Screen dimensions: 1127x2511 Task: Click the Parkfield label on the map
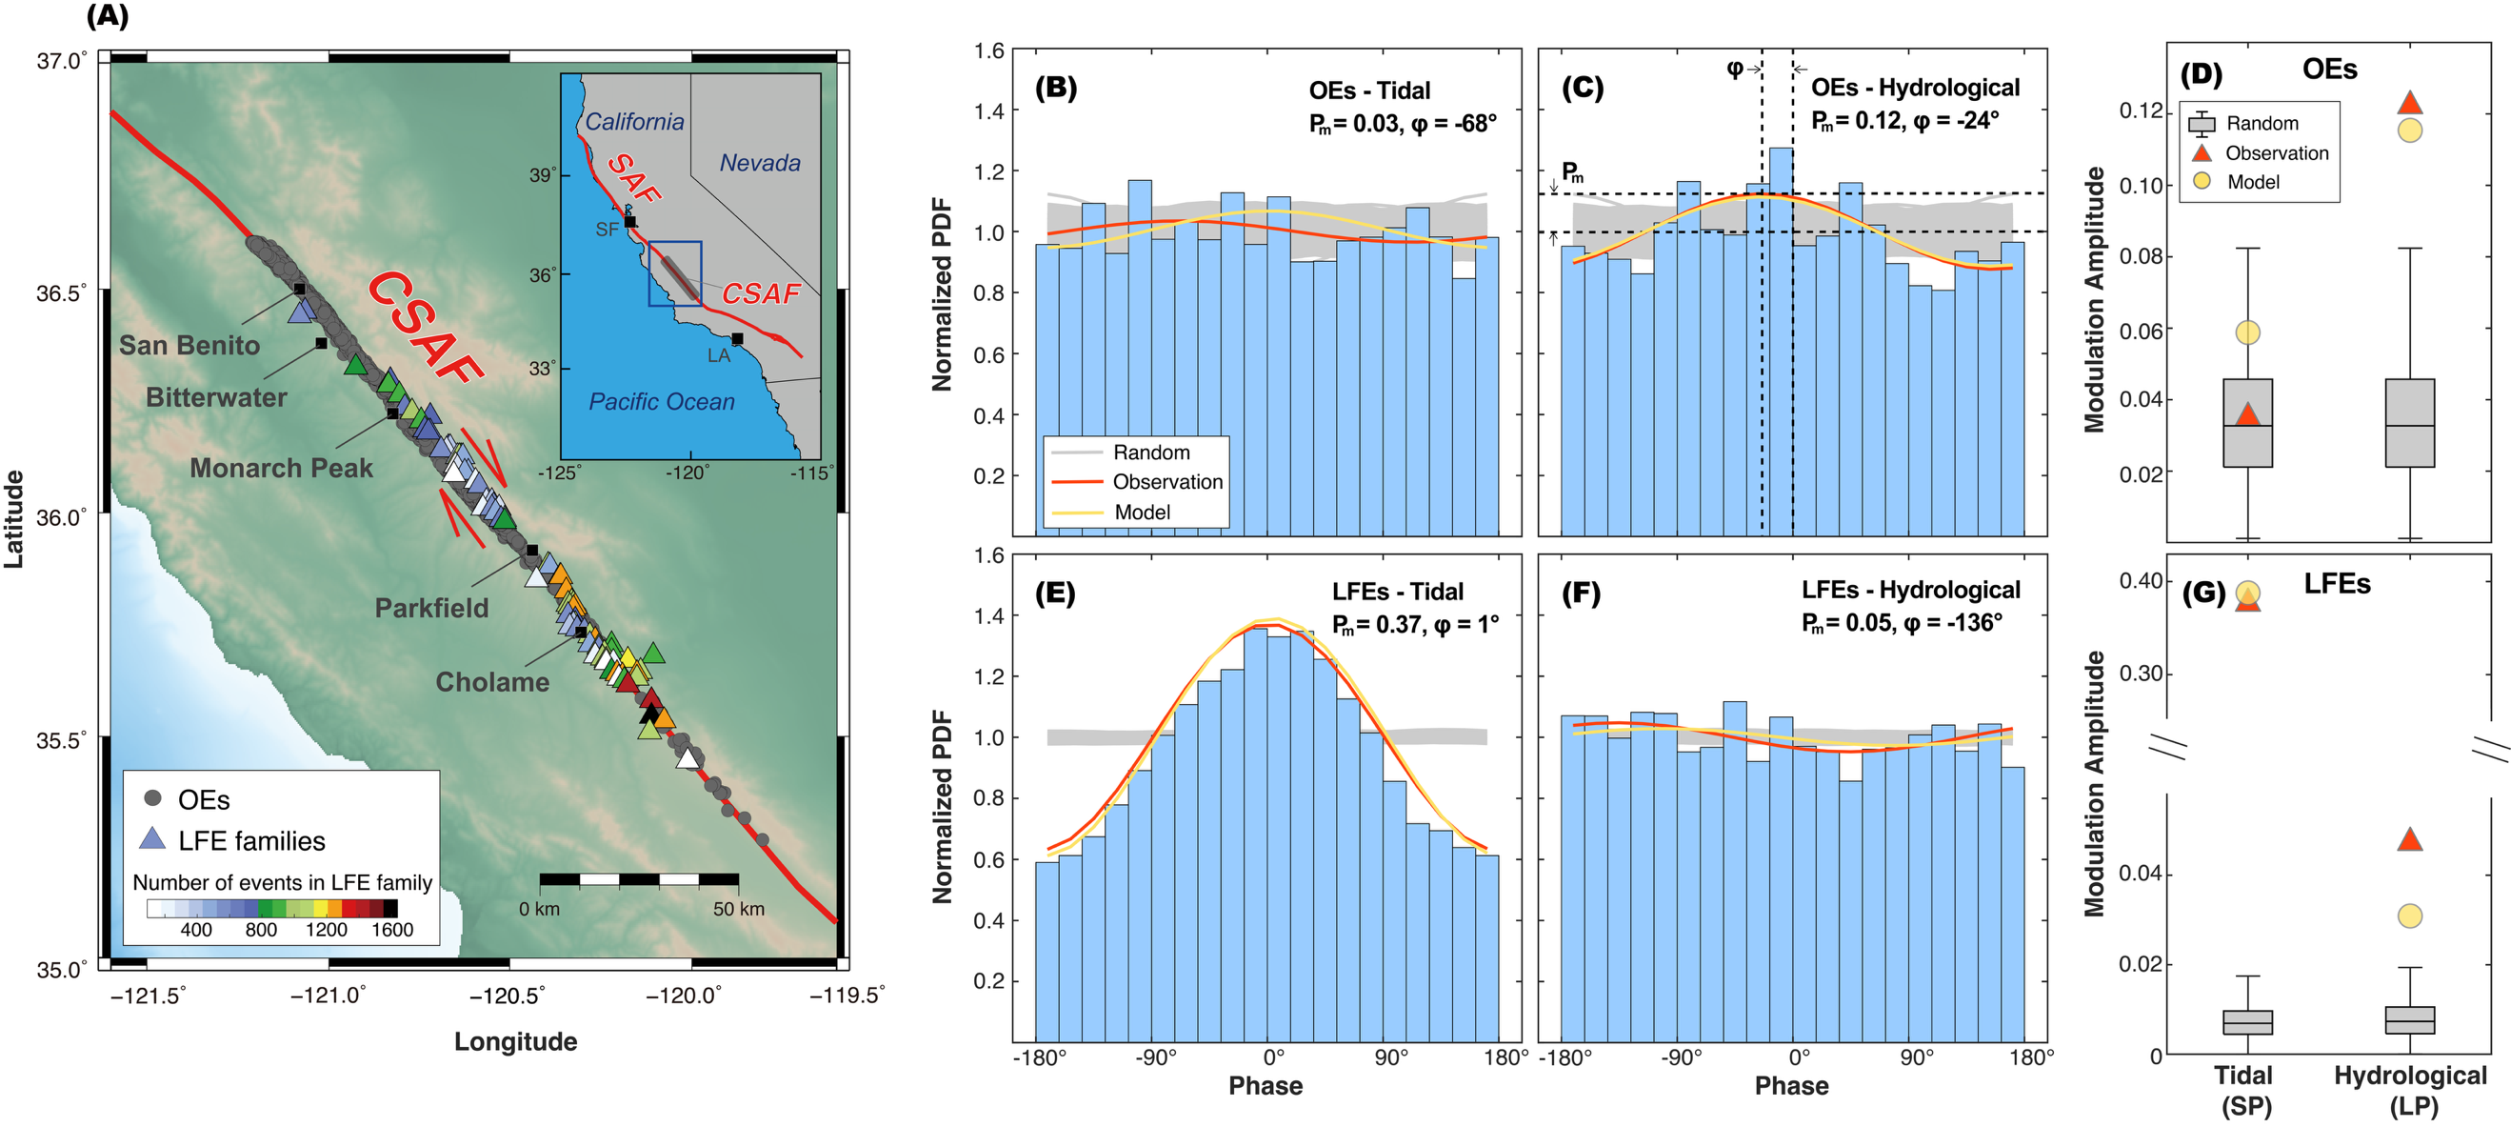click(x=431, y=609)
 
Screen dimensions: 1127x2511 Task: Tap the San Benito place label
click(x=189, y=345)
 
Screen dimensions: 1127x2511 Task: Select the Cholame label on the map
click(x=492, y=682)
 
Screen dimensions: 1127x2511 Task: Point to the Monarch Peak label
click(x=281, y=468)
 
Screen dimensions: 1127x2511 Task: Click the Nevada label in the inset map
click(x=759, y=163)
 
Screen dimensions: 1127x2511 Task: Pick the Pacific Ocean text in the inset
click(x=662, y=402)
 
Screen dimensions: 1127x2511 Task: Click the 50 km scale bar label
click(x=738, y=910)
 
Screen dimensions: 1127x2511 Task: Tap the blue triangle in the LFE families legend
click(x=152, y=839)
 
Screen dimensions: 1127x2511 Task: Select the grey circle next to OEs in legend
click(x=153, y=798)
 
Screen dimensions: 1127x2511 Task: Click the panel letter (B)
click(x=1056, y=89)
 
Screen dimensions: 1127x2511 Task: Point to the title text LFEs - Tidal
click(x=1397, y=592)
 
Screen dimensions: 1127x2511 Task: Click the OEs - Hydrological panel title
click(x=1915, y=88)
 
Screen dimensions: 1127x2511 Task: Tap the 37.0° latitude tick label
click(x=60, y=60)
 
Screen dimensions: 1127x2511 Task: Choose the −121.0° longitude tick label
click(x=328, y=996)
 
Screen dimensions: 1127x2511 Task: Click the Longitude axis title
click(x=516, y=1041)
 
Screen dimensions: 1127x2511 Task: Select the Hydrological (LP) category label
click(x=2410, y=1090)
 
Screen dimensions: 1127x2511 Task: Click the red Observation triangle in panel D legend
click(x=2201, y=153)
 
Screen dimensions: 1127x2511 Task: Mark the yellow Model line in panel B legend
click(x=1077, y=513)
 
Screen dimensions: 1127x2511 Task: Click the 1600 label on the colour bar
click(x=392, y=930)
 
